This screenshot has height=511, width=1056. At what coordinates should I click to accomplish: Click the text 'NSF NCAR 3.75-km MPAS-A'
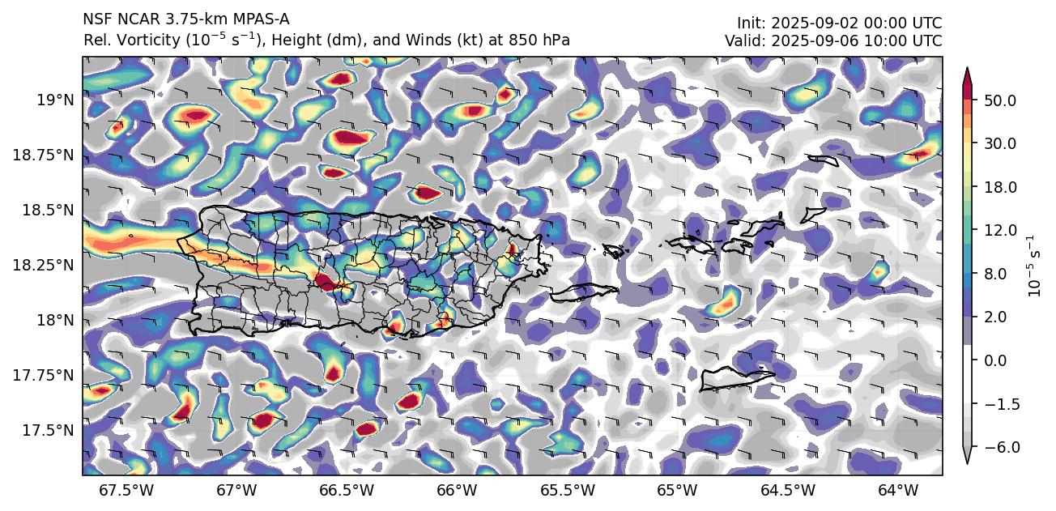[x=185, y=19]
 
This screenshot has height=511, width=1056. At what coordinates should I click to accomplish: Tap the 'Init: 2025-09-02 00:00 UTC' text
[x=839, y=23]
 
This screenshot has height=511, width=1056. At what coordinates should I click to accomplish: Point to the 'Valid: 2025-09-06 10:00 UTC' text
[x=833, y=40]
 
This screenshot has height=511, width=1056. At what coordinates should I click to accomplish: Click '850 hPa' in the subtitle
[x=546, y=40]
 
